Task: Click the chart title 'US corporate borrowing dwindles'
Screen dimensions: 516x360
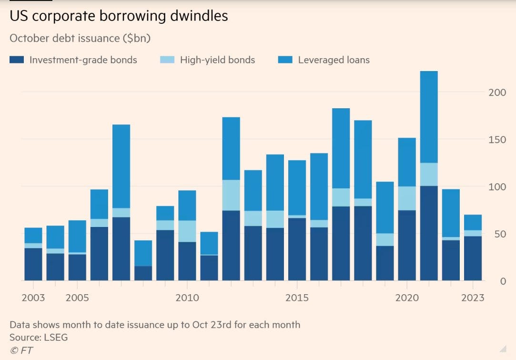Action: [119, 16]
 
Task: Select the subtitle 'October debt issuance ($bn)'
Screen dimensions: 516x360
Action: [80, 38]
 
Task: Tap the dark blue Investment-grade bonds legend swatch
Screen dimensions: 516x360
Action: [17, 60]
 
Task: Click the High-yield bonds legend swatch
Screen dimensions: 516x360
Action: [167, 60]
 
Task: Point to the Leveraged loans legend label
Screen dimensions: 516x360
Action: [334, 60]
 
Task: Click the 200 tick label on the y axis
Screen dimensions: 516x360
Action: [497, 93]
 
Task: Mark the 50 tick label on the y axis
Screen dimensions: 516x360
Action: [499, 234]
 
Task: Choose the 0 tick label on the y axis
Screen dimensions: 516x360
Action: [503, 281]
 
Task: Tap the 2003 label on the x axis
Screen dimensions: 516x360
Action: [33, 298]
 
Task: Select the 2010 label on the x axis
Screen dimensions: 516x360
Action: [187, 298]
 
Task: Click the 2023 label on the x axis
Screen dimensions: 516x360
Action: [473, 298]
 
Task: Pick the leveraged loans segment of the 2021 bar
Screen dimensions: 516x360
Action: [429, 117]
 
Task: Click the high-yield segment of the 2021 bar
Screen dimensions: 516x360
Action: [429, 174]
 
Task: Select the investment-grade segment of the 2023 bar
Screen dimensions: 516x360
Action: [473, 258]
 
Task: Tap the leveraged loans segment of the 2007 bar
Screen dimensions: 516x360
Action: [121, 166]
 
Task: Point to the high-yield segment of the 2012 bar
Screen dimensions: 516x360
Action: [231, 195]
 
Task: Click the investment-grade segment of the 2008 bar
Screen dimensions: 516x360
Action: [143, 273]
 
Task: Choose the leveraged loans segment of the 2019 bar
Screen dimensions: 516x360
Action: [385, 207]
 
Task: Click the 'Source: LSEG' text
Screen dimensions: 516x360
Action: [39, 338]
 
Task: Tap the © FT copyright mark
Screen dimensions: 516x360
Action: [21, 350]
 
